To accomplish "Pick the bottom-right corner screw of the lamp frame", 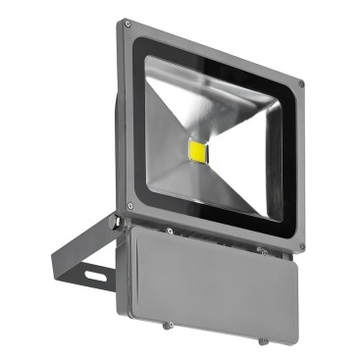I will coord(300,246).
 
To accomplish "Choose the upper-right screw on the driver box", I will coord(264,253).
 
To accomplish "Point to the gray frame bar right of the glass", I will coord(292,167).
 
